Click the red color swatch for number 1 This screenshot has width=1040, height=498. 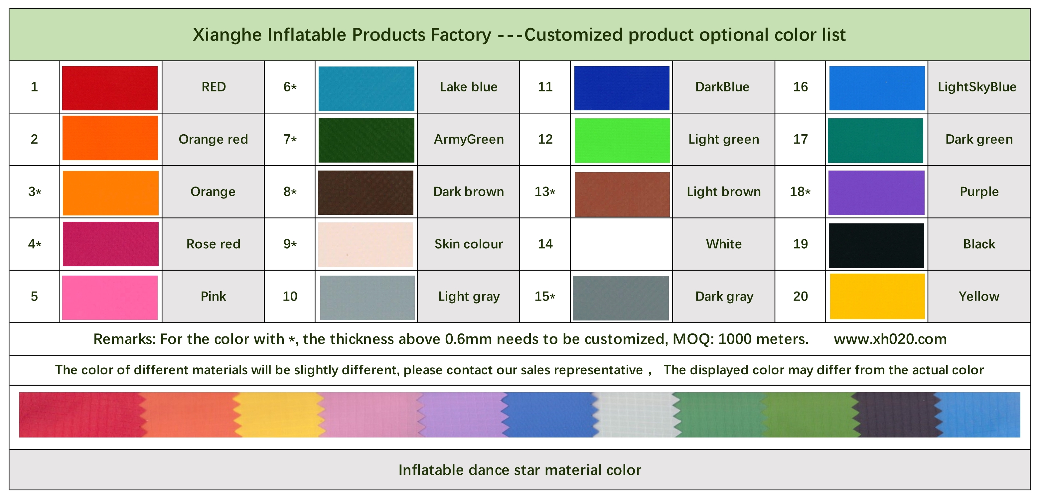(110, 88)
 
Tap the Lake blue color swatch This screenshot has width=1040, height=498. (366, 88)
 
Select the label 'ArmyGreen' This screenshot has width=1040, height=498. (469, 139)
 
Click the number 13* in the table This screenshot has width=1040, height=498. (545, 192)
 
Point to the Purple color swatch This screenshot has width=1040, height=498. (876, 192)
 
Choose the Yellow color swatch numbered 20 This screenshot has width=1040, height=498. (877, 296)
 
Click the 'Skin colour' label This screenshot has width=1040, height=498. (469, 244)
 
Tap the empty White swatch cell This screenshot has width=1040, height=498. (621, 244)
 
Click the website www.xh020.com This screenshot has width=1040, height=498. (890, 339)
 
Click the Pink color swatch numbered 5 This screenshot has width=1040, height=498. (110, 298)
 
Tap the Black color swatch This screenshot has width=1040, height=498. (876, 245)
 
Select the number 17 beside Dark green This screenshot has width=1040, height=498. (800, 139)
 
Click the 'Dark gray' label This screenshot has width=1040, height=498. (724, 297)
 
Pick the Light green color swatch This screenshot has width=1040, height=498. (622, 140)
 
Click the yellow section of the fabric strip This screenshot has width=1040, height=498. (279, 415)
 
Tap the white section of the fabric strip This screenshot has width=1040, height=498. (634, 415)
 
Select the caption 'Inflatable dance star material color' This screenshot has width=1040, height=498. (520, 470)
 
